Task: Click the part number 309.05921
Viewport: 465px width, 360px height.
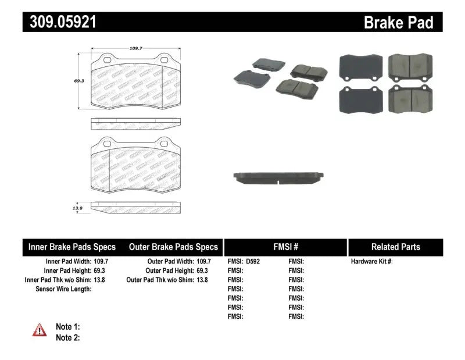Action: pos(59,22)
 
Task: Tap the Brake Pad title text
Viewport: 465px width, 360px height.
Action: pos(398,23)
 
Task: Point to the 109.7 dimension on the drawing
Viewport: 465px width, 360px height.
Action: pos(135,49)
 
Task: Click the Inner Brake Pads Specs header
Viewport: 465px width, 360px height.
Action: pos(72,247)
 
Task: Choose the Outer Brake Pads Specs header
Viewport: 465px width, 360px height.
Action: pos(173,247)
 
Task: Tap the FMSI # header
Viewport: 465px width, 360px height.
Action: pos(285,247)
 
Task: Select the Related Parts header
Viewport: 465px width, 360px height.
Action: pos(395,247)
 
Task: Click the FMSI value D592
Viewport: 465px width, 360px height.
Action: pos(253,262)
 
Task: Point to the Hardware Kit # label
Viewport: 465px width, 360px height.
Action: pos(371,262)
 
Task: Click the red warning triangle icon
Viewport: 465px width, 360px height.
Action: pos(40,331)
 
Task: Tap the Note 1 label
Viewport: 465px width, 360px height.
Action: pos(67,327)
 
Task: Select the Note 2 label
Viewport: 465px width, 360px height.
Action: pos(67,337)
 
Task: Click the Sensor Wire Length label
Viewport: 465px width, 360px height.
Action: pos(63,289)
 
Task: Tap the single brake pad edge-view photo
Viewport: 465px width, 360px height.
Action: pos(278,177)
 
